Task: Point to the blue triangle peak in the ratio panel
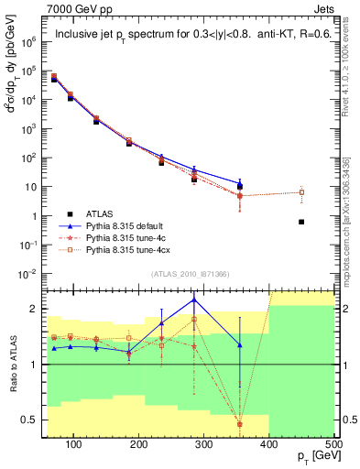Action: [194, 300]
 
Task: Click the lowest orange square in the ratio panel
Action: [240, 423]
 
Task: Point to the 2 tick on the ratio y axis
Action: [36, 309]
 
